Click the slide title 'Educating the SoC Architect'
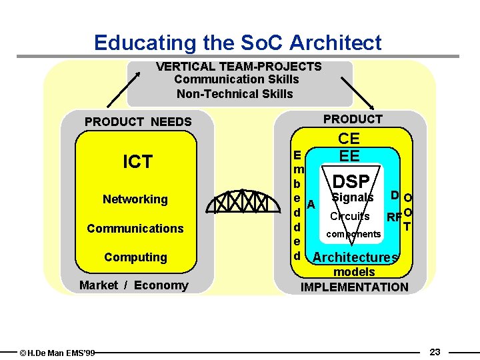pos(238,43)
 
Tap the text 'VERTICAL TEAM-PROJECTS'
pos(239,67)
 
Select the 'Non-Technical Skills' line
pos(235,93)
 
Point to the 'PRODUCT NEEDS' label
pos(138,122)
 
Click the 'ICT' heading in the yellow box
pos(138,161)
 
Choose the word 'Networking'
pos(135,199)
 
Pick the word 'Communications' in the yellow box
pos(135,228)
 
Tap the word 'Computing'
pos(135,257)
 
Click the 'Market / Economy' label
pos(134,285)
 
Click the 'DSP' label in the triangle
pos(351,181)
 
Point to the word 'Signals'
pos(353,197)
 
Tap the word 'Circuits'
pos(350,216)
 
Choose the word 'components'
pos(353,234)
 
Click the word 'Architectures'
pos(355,257)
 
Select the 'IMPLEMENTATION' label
pos(355,287)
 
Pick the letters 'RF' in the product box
pos(394,217)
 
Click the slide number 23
pos(435,351)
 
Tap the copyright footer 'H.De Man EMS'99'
pos(57,352)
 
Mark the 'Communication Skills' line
pos(237,79)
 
